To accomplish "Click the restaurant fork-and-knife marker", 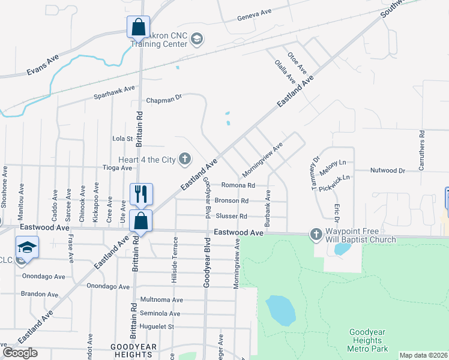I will click(141, 194).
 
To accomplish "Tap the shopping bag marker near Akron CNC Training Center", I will click(138, 27).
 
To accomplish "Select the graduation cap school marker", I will click(28, 247).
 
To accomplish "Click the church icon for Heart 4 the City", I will click(185, 159).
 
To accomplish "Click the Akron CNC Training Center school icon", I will click(197, 40).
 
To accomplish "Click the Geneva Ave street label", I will click(255, 17).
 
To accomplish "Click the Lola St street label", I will click(122, 139).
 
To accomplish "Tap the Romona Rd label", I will click(238, 185).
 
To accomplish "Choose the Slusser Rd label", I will click(231, 216).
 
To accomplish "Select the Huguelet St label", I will click(156, 326).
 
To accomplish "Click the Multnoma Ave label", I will click(161, 299).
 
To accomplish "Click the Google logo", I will click(20, 353).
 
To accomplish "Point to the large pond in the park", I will click(280, 310).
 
